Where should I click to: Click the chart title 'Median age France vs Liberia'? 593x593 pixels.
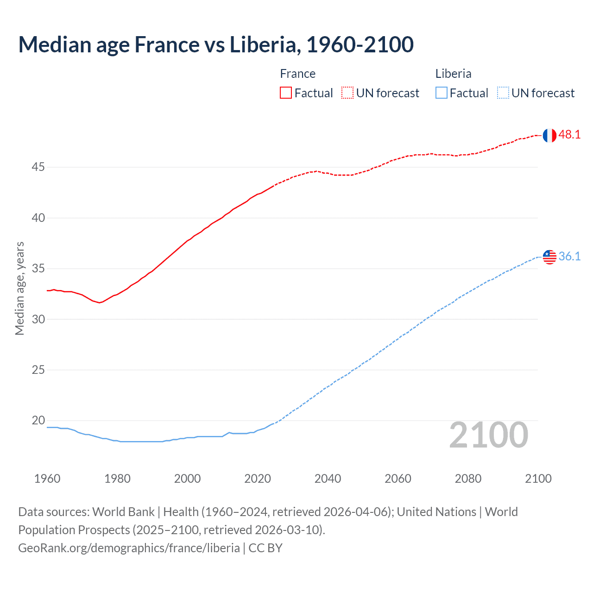216,45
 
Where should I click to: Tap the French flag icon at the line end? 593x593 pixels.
549,135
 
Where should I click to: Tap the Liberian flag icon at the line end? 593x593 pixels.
549,257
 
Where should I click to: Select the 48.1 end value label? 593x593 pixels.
569,135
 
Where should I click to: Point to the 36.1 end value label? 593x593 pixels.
569,256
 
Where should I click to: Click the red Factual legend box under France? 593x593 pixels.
286,93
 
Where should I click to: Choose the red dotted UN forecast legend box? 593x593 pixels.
347,93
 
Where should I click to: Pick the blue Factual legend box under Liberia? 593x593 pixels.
441,93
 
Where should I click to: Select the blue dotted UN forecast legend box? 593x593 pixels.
503,93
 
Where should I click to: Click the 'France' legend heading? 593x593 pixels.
297,74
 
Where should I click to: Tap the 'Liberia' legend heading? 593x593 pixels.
453,74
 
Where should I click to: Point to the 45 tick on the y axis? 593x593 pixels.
38,167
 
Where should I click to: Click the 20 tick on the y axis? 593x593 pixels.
38,421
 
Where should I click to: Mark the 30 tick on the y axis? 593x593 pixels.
38,319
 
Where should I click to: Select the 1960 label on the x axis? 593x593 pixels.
47,479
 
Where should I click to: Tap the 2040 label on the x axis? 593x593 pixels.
328,479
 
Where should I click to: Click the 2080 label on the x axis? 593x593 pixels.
468,479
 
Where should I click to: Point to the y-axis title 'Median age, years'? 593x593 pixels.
19,288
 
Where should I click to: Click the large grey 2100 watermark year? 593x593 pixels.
489,435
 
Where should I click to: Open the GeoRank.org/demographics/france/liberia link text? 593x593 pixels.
129,548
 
